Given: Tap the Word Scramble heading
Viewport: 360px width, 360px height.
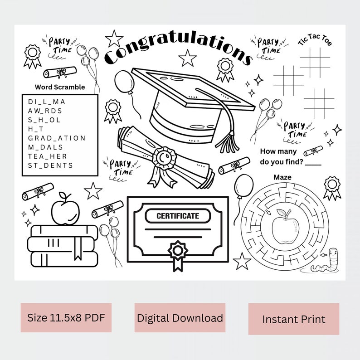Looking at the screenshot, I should (59, 87).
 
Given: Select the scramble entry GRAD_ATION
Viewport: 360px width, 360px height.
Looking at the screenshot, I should (57, 138).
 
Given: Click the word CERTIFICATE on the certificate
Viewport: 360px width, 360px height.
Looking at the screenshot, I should (178, 216).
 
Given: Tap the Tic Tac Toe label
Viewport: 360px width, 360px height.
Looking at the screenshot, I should (315, 42).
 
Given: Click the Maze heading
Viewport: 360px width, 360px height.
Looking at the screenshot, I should (282, 177).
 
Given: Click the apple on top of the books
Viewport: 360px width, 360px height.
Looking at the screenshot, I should (65, 210).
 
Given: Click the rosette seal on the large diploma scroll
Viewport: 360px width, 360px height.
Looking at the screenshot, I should (163, 158).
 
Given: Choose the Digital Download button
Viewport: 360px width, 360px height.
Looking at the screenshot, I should (180, 318).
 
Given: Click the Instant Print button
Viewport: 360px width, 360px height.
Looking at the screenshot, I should (293, 319).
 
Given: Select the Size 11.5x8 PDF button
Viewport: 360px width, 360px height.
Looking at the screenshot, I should (66, 317).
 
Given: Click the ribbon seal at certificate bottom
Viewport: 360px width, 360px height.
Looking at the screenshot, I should (177, 253).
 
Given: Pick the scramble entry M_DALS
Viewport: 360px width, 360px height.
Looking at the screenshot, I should (45, 147).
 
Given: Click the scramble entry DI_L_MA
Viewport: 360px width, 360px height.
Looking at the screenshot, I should (47, 102).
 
